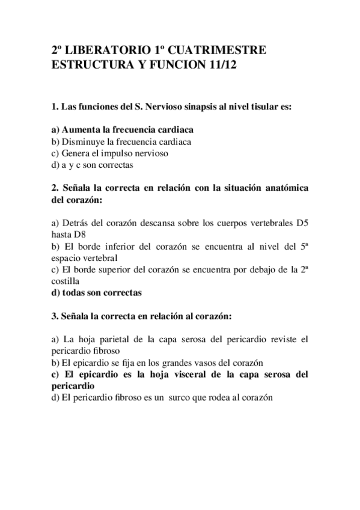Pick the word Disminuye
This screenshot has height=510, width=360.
click(82, 141)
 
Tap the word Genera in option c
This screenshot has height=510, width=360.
click(74, 153)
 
